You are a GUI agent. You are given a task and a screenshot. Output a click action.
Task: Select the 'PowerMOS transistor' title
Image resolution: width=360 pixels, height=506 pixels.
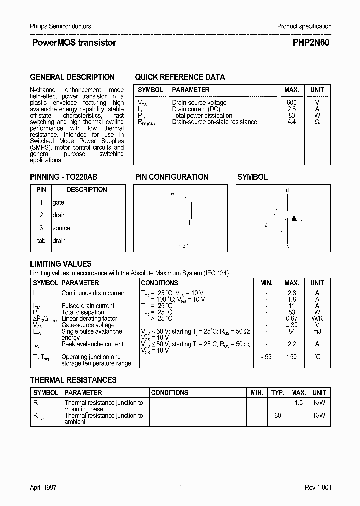click(74, 43)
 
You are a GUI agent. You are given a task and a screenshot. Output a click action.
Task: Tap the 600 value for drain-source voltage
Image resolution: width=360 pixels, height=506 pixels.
click(291, 102)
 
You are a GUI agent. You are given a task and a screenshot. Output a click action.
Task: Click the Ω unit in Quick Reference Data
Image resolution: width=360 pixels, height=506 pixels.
click(317, 122)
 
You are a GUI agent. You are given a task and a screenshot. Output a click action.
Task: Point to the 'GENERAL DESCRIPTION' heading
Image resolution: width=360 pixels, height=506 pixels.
click(72, 77)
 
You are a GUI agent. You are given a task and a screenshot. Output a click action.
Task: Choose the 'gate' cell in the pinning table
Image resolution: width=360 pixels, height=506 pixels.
click(58, 203)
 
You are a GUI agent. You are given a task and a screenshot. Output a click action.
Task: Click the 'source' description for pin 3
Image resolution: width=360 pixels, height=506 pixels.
click(61, 228)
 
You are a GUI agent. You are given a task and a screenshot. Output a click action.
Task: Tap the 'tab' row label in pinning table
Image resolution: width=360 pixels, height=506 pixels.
click(41, 241)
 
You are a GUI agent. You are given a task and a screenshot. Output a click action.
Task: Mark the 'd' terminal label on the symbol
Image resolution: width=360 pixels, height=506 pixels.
click(287, 190)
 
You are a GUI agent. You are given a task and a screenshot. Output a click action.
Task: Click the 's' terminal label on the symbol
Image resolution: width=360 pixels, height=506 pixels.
click(287, 247)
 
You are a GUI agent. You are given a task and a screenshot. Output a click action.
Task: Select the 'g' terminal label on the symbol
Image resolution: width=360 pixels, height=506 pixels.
click(266, 224)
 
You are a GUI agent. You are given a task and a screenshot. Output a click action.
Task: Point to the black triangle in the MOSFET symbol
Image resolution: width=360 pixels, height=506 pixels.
click(294, 218)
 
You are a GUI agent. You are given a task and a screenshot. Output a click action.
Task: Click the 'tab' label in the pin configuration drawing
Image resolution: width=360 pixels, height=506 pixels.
click(171, 194)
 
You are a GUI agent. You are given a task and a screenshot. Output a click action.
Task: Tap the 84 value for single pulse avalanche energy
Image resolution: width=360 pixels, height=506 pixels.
click(292, 331)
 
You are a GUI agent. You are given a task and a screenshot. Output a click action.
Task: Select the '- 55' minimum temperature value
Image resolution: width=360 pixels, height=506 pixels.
click(266, 357)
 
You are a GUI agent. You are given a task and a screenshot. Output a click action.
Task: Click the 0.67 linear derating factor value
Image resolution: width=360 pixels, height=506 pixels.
click(292, 319)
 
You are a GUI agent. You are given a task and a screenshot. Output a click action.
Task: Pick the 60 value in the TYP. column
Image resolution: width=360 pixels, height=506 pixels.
click(278, 415)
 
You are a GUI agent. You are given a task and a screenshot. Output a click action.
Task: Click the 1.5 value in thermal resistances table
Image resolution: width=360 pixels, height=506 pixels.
click(298, 403)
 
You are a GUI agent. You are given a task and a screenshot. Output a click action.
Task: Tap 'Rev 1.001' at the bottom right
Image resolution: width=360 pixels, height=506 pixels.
click(318, 488)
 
